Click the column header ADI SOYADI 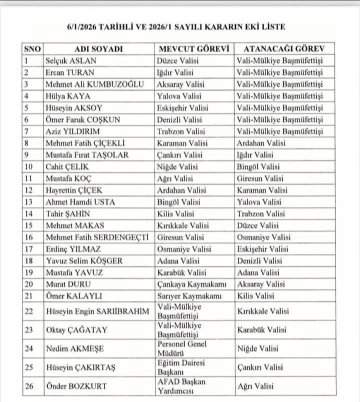98,49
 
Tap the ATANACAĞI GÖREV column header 283,49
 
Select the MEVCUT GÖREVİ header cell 193,49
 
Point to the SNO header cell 32,49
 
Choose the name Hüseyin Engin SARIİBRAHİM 97,311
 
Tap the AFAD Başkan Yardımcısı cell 181,386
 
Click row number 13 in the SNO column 29,202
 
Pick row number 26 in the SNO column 29,386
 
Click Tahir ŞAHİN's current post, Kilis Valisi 176,214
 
